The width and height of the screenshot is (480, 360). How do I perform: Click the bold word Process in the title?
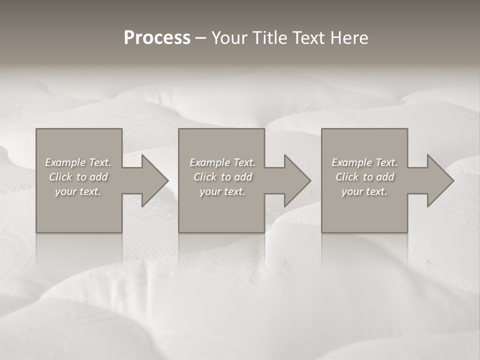[x=157, y=38]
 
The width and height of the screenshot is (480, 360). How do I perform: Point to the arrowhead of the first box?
[x=154, y=180]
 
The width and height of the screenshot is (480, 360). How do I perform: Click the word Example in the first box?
[x=65, y=162]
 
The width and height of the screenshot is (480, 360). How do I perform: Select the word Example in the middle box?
[x=209, y=162]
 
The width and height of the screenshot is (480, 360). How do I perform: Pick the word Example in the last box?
[x=351, y=162]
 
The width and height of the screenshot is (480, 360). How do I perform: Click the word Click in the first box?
[x=60, y=177]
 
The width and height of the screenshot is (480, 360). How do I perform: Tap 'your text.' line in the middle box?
[x=222, y=191]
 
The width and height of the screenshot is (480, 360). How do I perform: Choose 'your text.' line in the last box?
[x=364, y=191]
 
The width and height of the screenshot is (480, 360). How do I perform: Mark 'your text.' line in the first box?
[x=77, y=191]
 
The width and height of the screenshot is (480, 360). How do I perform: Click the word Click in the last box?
[x=347, y=177]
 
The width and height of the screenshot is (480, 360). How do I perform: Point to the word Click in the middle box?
[x=205, y=177]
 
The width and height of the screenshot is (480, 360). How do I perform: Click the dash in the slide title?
[x=200, y=38]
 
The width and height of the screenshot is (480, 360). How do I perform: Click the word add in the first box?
[x=99, y=177]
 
